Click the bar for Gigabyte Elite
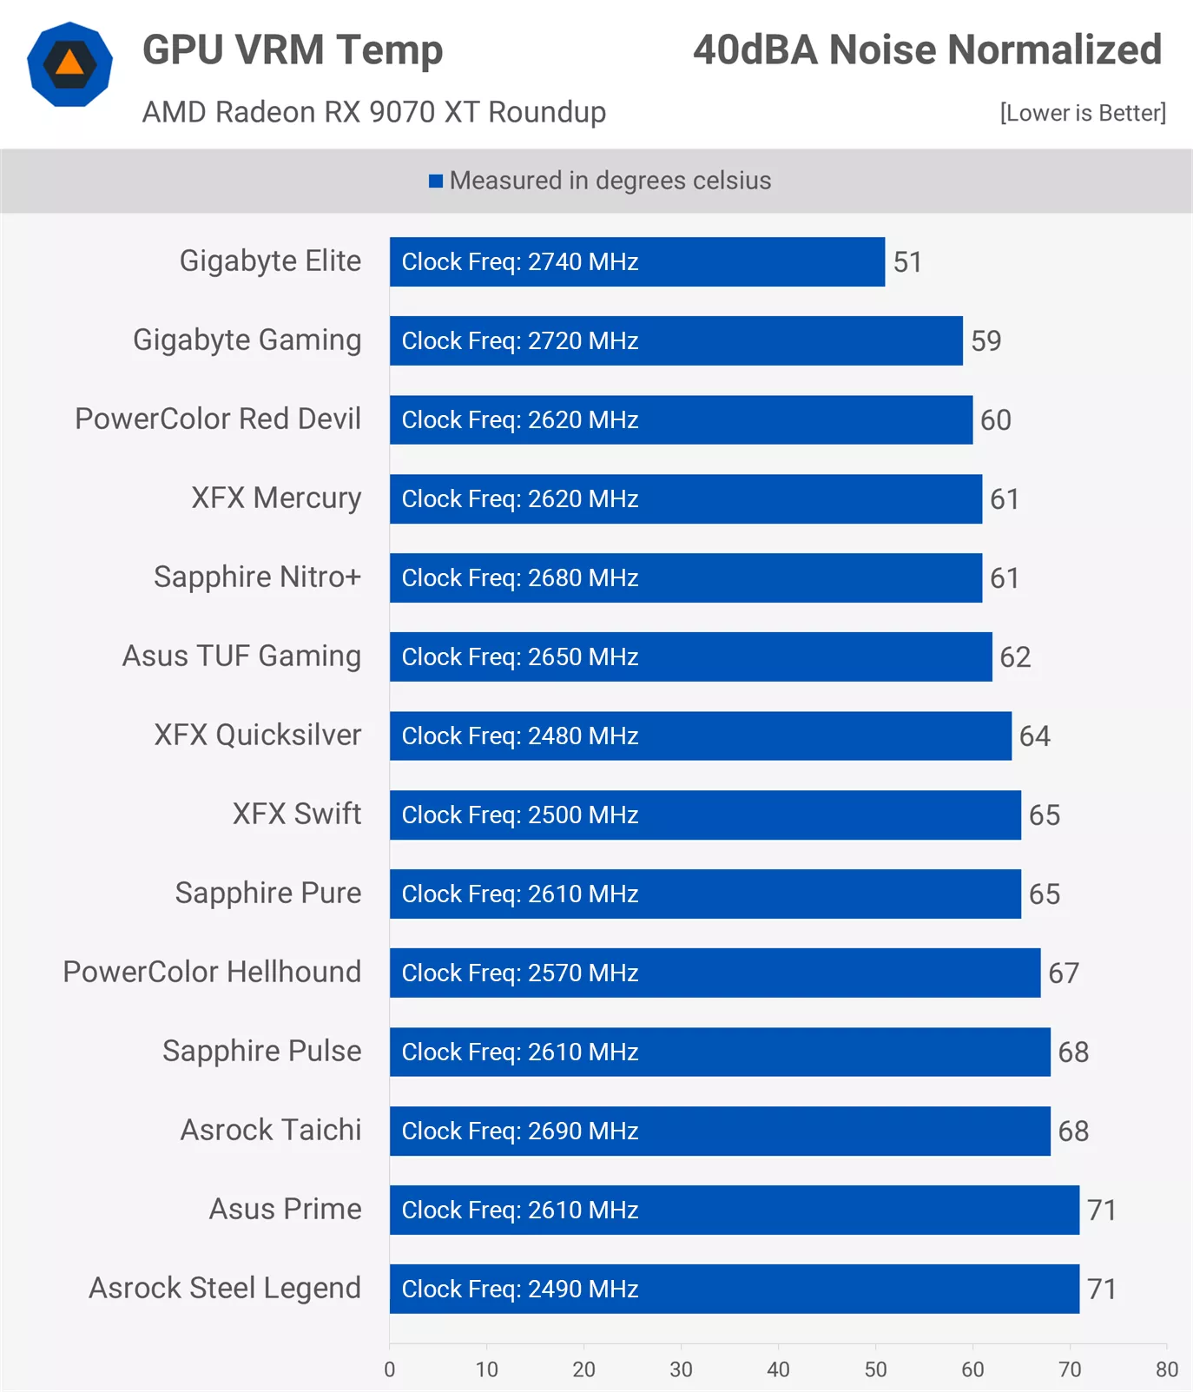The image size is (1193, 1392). click(x=636, y=261)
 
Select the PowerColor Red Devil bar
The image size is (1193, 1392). click(x=680, y=419)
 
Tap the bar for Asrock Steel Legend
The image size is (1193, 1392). click(x=734, y=1289)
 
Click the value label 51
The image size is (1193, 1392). click(x=907, y=261)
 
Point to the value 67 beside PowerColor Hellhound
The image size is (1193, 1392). click(x=1064, y=973)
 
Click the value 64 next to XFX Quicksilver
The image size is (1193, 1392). click(x=1034, y=736)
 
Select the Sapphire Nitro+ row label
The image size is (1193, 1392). click(x=257, y=577)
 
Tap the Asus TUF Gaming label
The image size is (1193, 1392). click(x=241, y=656)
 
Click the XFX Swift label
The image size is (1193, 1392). click(x=296, y=814)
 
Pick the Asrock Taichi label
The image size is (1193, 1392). click(x=270, y=1130)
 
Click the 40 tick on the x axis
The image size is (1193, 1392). click(x=778, y=1369)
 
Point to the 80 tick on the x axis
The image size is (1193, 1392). click(x=1166, y=1369)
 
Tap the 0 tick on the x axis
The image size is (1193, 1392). click(x=390, y=1369)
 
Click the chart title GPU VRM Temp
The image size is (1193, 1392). click(x=293, y=49)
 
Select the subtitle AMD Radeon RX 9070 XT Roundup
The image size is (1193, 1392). click(x=374, y=112)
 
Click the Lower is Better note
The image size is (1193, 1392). click(x=1083, y=113)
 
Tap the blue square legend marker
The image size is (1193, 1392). click(x=436, y=181)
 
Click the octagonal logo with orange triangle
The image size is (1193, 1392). click(x=70, y=64)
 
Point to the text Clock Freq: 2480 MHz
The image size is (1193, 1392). click(x=520, y=736)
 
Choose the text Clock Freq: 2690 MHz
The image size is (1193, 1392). click(x=520, y=1131)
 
